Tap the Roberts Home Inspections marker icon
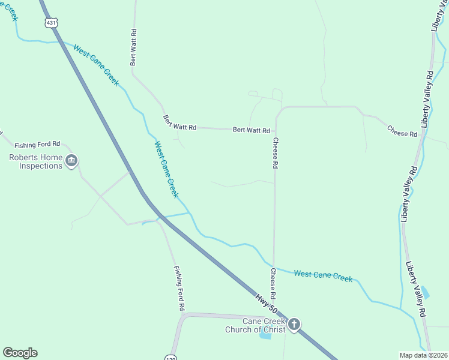72,161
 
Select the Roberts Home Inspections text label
35,161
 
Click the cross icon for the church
294,325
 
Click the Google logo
20,353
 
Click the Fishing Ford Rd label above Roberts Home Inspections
37,145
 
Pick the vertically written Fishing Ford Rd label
179,289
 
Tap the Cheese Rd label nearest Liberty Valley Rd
402,131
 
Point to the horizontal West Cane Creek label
322,276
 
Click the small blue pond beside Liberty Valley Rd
425,292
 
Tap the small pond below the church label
265,336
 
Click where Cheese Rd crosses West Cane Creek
274,266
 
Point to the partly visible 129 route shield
170,356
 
